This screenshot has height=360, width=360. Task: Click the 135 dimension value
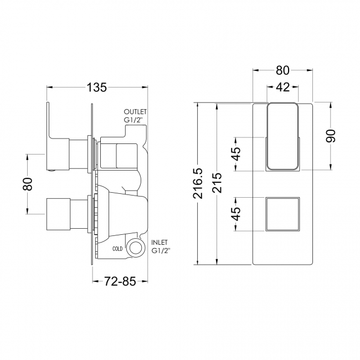coord(97,88)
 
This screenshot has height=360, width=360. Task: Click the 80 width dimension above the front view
coord(282,70)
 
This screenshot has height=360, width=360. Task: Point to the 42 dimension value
coord(282,87)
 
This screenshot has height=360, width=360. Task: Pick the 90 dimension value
coord(331,136)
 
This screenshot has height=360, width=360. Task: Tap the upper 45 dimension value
coord(236,153)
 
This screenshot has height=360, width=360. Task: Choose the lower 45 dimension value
coord(236,213)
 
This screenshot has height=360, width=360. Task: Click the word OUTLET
coord(135,110)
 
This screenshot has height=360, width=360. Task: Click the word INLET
coord(159,243)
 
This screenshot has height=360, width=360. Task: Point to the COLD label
coord(117,249)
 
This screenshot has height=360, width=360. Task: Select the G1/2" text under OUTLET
coord(133,119)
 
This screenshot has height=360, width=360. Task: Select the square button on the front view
coord(282,213)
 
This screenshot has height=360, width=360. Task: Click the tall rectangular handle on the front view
coord(282,136)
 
